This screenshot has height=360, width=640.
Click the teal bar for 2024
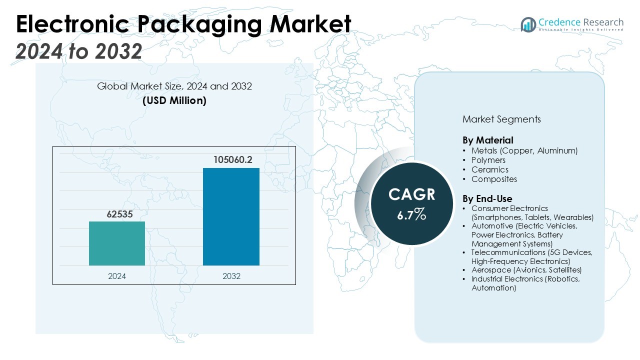pyautogui.click(x=117, y=243)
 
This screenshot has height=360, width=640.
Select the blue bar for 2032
pyautogui.click(x=231, y=216)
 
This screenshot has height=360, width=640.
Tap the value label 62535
pyautogui.click(x=117, y=214)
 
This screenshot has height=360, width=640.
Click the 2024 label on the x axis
pyautogui.click(x=117, y=276)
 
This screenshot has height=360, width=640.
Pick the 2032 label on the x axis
pyautogui.click(x=231, y=276)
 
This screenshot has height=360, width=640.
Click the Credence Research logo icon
pyautogui.click(x=528, y=24)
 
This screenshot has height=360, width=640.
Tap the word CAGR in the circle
pyautogui.click(x=412, y=194)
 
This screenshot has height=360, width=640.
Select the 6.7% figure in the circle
pyautogui.click(x=412, y=214)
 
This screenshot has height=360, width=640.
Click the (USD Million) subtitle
pyautogui.click(x=174, y=100)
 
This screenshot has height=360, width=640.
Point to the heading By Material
pyautogui.click(x=487, y=140)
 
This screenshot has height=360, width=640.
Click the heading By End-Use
pyautogui.click(x=487, y=198)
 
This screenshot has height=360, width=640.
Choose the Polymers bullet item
pyautogui.click(x=488, y=160)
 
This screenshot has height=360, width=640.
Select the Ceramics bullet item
pyautogui.click(x=489, y=169)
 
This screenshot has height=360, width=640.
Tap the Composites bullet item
pyautogui.click(x=494, y=179)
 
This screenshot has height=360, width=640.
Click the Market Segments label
pyautogui.click(x=501, y=119)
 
